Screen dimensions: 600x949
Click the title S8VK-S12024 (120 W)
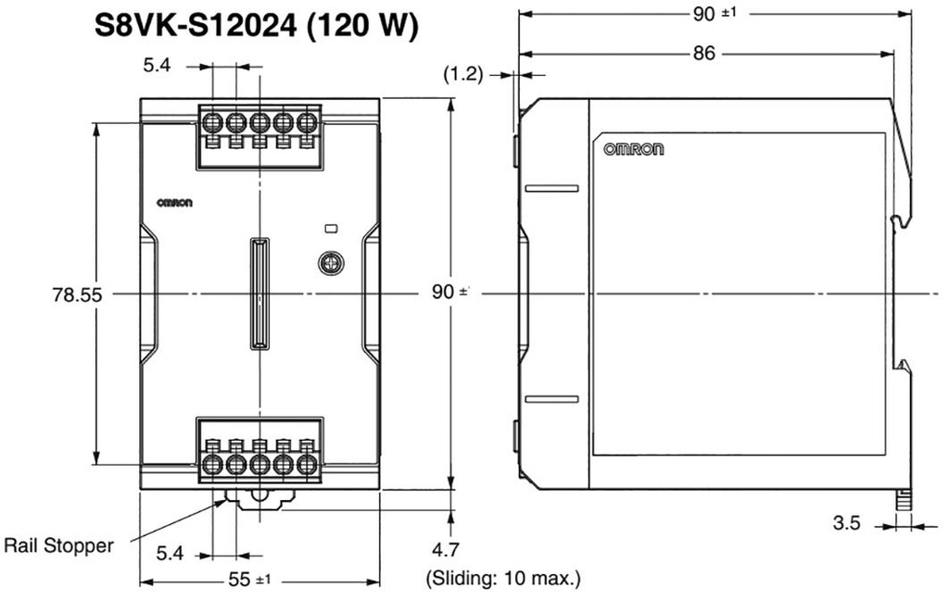coord(258,25)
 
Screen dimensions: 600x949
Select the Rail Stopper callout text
coord(59,545)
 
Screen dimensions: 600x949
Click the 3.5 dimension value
coord(846,523)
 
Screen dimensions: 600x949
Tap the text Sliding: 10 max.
coord(503,580)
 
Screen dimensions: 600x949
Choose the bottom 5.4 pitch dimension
coord(171,554)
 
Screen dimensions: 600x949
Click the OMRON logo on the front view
coord(173,204)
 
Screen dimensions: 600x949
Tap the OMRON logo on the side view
coord(634,148)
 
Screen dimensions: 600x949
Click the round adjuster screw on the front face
coord(329,264)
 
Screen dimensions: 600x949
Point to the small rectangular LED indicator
coord(329,227)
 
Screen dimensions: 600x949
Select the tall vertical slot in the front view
coord(259,294)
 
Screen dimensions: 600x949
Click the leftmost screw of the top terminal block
coord(211,122)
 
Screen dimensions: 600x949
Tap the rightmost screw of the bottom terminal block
coord(307,463)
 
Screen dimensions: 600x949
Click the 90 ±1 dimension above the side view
coord(714,14)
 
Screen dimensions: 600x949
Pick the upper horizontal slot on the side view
coord(551,189)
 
